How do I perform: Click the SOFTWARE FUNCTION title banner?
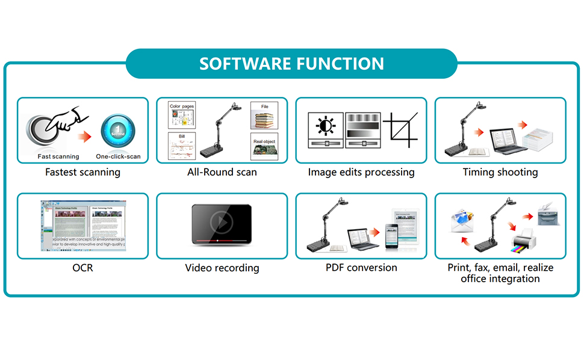point(291,64)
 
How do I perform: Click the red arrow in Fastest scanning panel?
point(86,137)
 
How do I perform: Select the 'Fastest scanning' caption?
point(82,172)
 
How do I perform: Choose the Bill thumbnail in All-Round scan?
point(182,148)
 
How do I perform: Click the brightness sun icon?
point(326,126)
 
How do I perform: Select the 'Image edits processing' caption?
point(361,172)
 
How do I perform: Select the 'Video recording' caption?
point(222,268)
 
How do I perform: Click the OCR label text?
point(82,268)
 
